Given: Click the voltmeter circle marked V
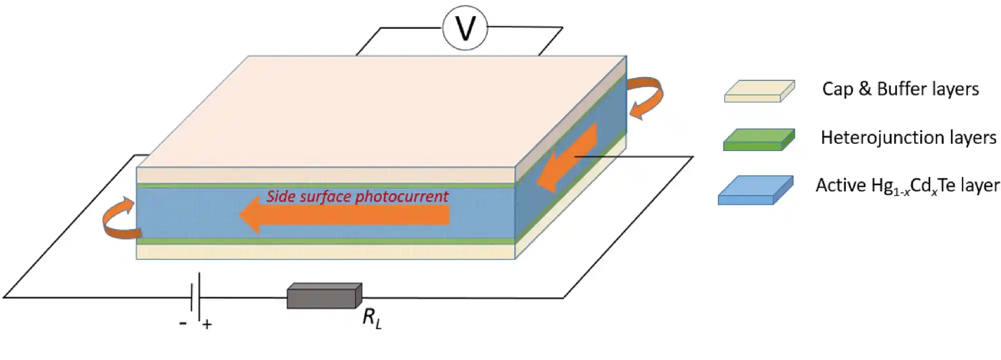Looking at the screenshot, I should (x=465, y=28).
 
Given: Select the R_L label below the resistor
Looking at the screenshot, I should (x=372, y=318).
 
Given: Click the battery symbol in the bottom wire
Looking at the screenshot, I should (x=196, y=296).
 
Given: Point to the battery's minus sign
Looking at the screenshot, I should (x=183, y=323).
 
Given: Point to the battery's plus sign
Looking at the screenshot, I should (x=207, y=324).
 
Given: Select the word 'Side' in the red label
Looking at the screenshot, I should (x=280, y=196).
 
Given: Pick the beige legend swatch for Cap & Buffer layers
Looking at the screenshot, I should (x=759, y=91).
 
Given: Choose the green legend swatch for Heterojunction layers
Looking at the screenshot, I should (x=759, y=140).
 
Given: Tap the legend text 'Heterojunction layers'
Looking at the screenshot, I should (x=908, y=137).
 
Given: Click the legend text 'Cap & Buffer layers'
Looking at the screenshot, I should (x=900, y=89).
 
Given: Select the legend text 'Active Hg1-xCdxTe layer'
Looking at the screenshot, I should (x=907, y=186).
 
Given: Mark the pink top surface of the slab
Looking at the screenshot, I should (x=381, y=110).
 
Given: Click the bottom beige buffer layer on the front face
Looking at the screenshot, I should (x=325, y=251).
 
